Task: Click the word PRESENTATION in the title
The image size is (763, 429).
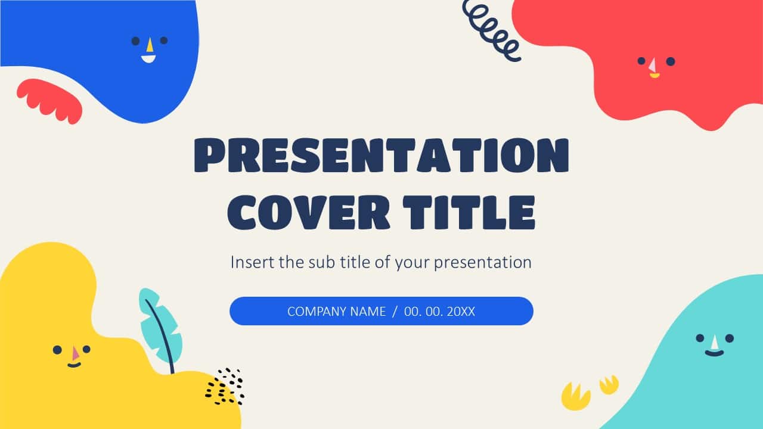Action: (x=381, y=155)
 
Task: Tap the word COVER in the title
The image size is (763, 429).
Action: (x=308, y=213)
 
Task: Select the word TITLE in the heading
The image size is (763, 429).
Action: (x=469, y=213)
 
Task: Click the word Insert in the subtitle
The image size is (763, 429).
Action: (x=252, y=262)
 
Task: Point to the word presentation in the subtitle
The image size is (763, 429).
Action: (x=482, y=263)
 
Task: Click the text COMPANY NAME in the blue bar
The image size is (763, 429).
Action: (x=337, y=312)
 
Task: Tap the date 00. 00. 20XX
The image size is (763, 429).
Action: (x=439, y=312)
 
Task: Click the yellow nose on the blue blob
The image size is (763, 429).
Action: (x=150, y=45)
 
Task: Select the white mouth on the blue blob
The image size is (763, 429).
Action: (x=148, y=59)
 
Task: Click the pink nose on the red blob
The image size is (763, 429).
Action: (x=653, y=65)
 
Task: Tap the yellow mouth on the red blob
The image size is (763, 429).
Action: (x=655, y=76)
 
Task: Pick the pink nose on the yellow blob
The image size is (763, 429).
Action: (x=75, y=353)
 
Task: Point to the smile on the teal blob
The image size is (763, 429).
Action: (x=714, y=353)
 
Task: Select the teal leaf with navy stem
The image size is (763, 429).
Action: (x=160, y=328)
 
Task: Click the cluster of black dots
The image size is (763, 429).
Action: (x=225, y=387)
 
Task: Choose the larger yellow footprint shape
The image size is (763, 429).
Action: (x=576, y=397)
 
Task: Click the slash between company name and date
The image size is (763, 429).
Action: (x=395, y=312)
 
